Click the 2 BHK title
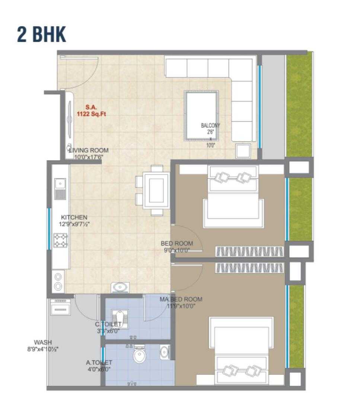click(x=42, y=34)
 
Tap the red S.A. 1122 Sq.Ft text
click(x=91, y=111)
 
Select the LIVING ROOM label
click(x=89, y=150)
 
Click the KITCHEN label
click(x=74, y=217)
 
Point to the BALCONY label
click(x=210, y=125)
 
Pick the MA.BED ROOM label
click(x=181, y=299)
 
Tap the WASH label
click(x=43, y=342)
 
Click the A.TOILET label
click(x=99, y=362)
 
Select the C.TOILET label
click(x=108, y=324)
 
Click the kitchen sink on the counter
click(x=60, y=189)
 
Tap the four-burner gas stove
click(x=61, y=240)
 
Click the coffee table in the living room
click(x=202, y=115)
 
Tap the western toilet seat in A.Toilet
click(x=140, y=354)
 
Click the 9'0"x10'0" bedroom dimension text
click(x=177, y=250)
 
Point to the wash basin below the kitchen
click(x=121, y=287)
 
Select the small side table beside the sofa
click(x=243, y=151)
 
